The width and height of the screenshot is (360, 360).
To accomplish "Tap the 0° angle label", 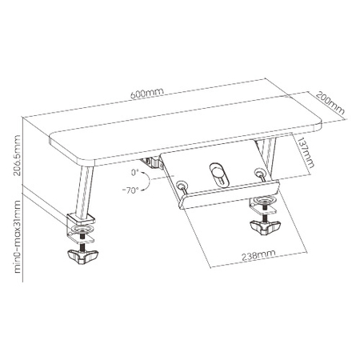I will (136, 171).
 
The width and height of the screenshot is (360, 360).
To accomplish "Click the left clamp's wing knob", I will (81, 258).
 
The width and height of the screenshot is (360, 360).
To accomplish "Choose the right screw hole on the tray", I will (258, 172).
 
